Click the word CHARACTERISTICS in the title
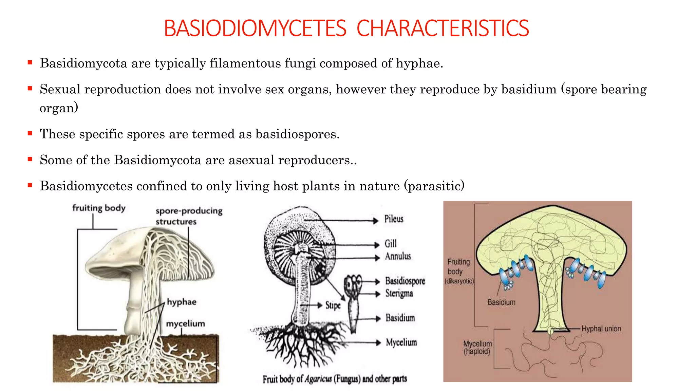(x=443, y=28)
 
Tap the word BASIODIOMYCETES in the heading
(x=255, y=28)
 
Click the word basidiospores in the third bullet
(x=297, y=134)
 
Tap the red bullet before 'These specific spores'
(x=30, y=133)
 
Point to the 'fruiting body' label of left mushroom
(x=99, y=208)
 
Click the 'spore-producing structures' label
(x=189, y=216)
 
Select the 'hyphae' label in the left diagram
(x=182, y=302)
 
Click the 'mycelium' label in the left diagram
(x=185, y=323)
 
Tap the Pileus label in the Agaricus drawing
(x=394, y=219)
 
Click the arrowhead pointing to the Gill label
(x=377, y=245)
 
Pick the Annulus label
(x=398, y=256)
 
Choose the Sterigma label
(x=399, y=293)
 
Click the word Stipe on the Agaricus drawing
(x=333, y=305)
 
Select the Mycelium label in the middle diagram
(x=401, y=342)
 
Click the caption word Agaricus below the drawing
(x=318, y=379)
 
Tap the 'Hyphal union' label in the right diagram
(x=601, y=329)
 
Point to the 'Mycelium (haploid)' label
(x=477, y=348)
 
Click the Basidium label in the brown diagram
(x=501, y=302)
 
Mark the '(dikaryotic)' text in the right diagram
(x=459, y=281)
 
